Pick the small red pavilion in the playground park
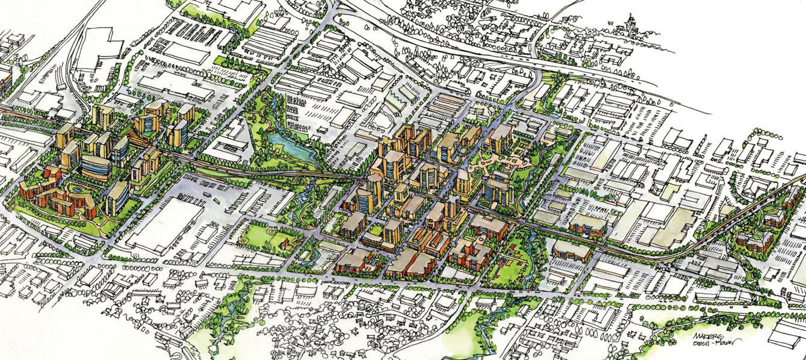[284, 244]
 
